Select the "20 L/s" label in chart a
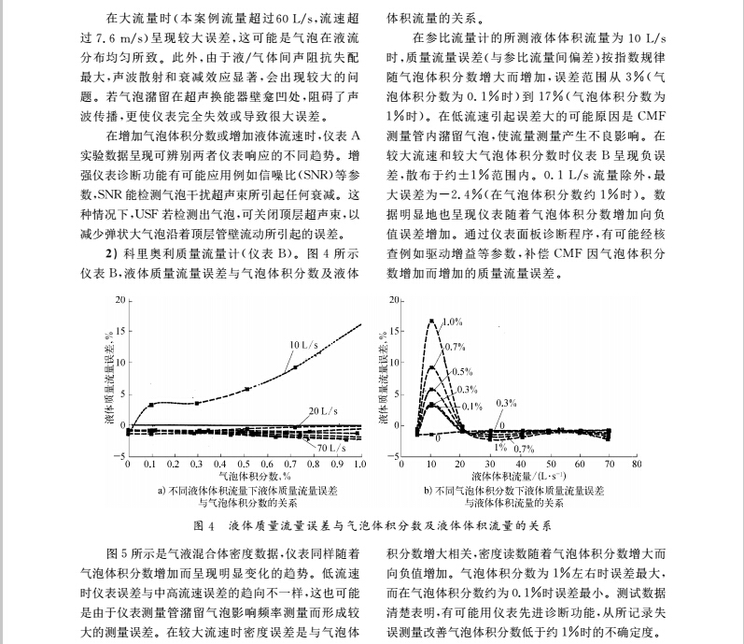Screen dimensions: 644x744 [x=322, y=410]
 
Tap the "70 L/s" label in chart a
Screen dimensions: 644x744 [x=331, y=449]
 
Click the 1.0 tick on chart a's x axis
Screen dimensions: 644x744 [x=360, y=464]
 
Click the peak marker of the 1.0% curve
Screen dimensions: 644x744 [x=432, y=321]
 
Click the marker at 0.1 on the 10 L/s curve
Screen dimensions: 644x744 [x=151, y=405]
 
